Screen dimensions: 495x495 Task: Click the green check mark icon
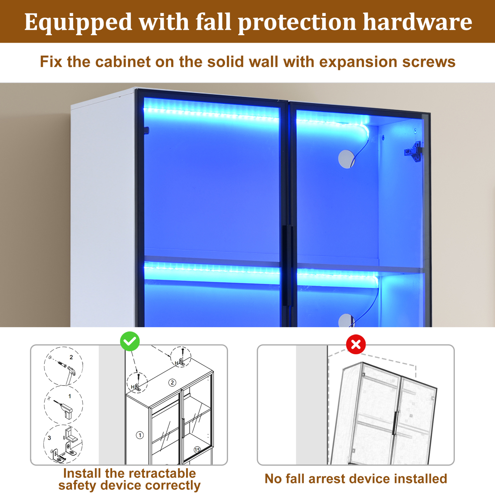130,341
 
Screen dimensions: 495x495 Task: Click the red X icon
356,344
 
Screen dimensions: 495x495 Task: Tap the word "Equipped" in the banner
78,23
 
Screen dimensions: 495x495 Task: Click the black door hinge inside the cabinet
413,152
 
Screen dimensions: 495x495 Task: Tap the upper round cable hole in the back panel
347,159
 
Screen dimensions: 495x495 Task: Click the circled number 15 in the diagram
197,450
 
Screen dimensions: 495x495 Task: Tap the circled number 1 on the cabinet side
140,435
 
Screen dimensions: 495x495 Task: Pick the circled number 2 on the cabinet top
172,383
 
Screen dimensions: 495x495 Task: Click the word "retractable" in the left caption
150,473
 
